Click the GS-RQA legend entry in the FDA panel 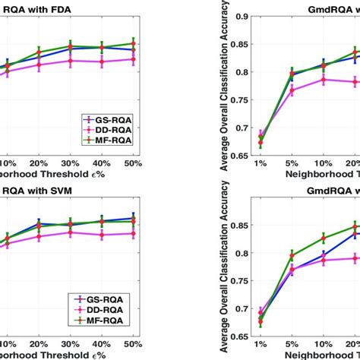click(x=111, y=119)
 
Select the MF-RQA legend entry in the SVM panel click(x=111, y=321)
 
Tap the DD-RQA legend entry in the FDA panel click(x=111, y=130)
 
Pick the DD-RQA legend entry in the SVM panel click(x=111, y=311)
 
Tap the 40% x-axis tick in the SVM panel click(x=101, y=345)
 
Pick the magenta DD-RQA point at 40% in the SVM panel click(x=101, y=235)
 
